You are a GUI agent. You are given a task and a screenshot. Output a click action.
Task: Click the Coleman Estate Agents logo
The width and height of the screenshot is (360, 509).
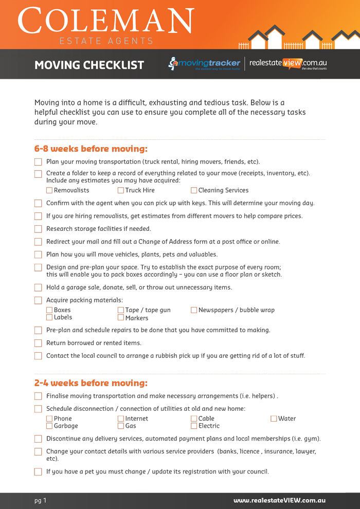tap(106, 25)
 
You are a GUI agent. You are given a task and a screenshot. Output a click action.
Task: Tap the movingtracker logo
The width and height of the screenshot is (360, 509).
tap(205, 64)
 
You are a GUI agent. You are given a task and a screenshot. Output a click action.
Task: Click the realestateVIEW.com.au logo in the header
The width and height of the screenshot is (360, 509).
tap(288, 64)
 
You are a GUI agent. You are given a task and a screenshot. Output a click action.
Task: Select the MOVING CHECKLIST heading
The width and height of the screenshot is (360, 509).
tap(89, 65)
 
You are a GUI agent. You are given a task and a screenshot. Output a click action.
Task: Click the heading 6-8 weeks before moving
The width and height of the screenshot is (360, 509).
tap(91, 149)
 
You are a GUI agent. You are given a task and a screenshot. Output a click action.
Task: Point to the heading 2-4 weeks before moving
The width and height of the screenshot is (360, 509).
tap(91, 383)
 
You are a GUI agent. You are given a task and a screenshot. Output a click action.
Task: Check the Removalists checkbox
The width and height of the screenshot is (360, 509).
tap(49, 190)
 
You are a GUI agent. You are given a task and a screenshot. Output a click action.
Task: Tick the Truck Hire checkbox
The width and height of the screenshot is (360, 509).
tap(121, 190)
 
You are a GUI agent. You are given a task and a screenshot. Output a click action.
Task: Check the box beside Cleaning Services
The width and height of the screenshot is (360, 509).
tap(194, 190)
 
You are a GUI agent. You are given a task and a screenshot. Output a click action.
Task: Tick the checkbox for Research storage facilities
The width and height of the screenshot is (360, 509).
tap(38, 229)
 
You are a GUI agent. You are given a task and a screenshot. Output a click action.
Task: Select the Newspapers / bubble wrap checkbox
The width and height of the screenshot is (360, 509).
tap(194, 310)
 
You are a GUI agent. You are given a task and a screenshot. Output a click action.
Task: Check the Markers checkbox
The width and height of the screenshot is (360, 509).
tap(121, 318)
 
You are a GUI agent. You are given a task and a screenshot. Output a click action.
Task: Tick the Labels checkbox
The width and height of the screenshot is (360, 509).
tap(49, 318)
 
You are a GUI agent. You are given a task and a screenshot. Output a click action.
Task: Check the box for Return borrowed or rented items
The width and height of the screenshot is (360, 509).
tap(38, 343)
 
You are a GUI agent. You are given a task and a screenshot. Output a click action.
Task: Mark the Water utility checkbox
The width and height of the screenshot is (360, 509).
tap(274, 419)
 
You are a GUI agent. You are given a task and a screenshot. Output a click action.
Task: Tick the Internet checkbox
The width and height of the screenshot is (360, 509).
tap(121, 419)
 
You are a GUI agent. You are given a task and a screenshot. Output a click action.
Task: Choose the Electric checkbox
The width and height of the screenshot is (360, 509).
tap(194, 426)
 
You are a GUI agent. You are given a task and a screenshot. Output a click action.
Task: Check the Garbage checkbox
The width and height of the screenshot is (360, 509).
tap(49, 426)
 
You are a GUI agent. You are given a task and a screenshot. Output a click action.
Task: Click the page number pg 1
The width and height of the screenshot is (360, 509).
tap(41, 500)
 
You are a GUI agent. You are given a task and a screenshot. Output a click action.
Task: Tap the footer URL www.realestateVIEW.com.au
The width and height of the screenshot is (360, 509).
tap(279, 500)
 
